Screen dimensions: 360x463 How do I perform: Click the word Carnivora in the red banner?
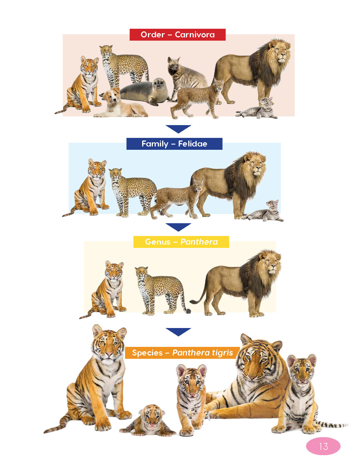click(195, 35)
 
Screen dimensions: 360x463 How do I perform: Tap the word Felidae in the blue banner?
click(192, 144)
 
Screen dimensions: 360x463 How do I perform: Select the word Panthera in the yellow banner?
click(199, 242)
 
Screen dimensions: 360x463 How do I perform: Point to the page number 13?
click(323, 446)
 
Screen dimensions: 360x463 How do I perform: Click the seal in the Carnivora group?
click(145, 91)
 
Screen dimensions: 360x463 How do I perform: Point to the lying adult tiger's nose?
click(252, 377)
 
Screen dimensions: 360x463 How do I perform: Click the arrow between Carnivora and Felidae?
click(178, 129)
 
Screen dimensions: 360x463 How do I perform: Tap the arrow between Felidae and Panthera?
click(178, 227)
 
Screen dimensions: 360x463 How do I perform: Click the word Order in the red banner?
click(153, 35)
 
